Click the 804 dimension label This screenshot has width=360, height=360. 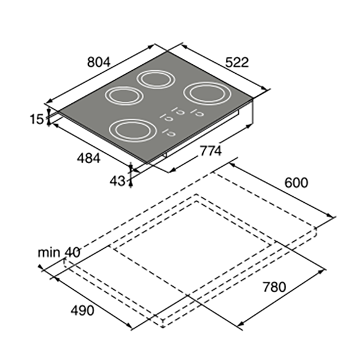point(99,62)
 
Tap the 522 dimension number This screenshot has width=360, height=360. point(237,62)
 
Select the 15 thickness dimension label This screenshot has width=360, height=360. point(37,119)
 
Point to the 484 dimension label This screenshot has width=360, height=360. point(89,158)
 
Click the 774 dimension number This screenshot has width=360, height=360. point(211,151)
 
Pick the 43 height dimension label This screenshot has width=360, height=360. point(118,181)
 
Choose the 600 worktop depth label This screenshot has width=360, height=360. point(296,183)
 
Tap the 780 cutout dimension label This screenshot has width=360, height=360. point(274,287)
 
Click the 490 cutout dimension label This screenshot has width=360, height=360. point(82,311)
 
